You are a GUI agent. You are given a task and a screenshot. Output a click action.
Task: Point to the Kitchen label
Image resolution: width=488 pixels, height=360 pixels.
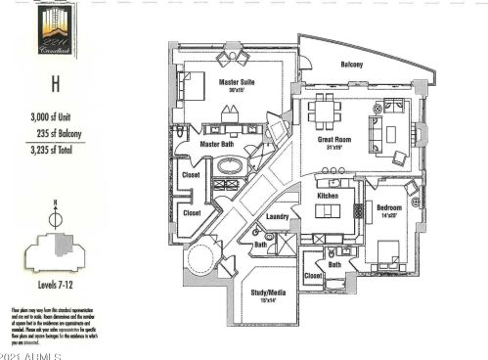pos(329,196)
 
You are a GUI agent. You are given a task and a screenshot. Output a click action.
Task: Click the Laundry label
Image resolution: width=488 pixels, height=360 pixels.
pos(277,217)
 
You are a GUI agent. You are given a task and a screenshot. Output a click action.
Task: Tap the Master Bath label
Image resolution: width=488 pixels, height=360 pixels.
pos(215,145)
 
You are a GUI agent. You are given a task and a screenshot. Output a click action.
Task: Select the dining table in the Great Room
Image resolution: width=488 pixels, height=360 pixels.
pos(324,112)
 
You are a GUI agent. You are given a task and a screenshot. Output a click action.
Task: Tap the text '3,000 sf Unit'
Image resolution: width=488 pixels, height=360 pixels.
pos(55,117)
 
